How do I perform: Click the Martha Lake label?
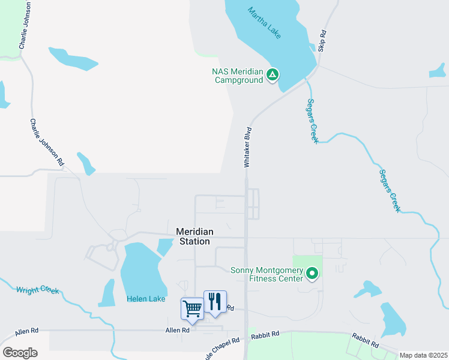264,23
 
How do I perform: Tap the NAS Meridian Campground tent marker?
273,76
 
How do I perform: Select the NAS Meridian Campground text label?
238,76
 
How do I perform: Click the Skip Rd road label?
322,41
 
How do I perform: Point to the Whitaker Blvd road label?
247,147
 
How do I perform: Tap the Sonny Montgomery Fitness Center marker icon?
312,274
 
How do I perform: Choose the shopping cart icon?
192,309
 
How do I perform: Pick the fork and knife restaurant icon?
214,301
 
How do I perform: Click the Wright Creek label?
38,290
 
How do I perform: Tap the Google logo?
20,353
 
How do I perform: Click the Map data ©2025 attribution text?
423,355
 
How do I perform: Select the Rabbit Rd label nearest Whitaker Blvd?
265,334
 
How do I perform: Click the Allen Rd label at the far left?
26,331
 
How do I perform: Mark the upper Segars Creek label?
312,121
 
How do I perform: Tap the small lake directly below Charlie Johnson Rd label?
86,163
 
